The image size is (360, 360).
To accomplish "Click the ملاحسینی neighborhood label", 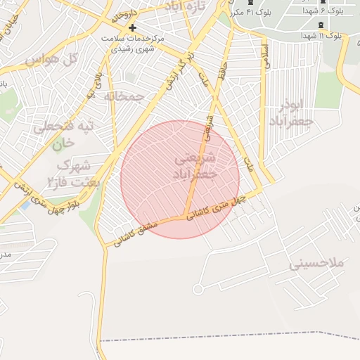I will click(316, 264).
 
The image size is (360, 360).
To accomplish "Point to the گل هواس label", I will click(50, 60).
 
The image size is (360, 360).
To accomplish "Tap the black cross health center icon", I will click(132, 27).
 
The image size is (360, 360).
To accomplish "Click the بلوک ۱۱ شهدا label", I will click(321, 35).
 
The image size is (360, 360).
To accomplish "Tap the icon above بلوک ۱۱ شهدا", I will click(321, 22).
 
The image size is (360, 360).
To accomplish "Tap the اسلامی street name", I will click(266, 57).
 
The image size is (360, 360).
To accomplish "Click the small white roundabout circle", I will click(198, 289).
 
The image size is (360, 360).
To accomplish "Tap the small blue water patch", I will click(26, 206).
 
